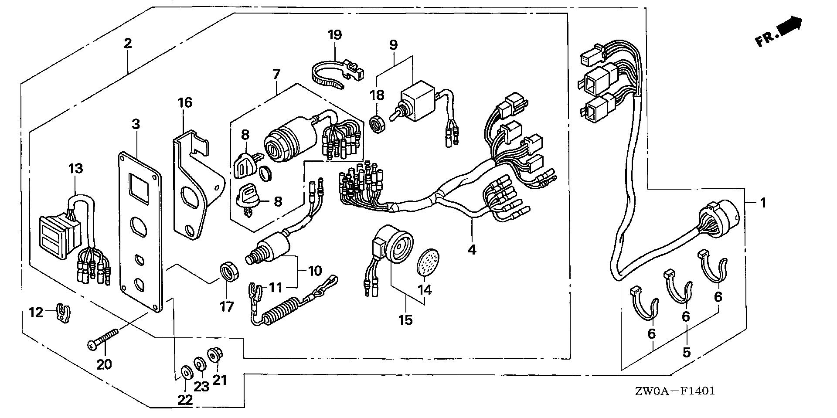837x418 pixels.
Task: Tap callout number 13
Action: tap(75, 168)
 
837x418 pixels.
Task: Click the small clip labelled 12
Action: tap(65, 313)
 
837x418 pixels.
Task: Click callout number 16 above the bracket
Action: tap(184, 103)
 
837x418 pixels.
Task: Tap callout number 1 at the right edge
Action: tap(762, 203)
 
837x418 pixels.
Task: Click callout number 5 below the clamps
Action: tap(687, 351)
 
